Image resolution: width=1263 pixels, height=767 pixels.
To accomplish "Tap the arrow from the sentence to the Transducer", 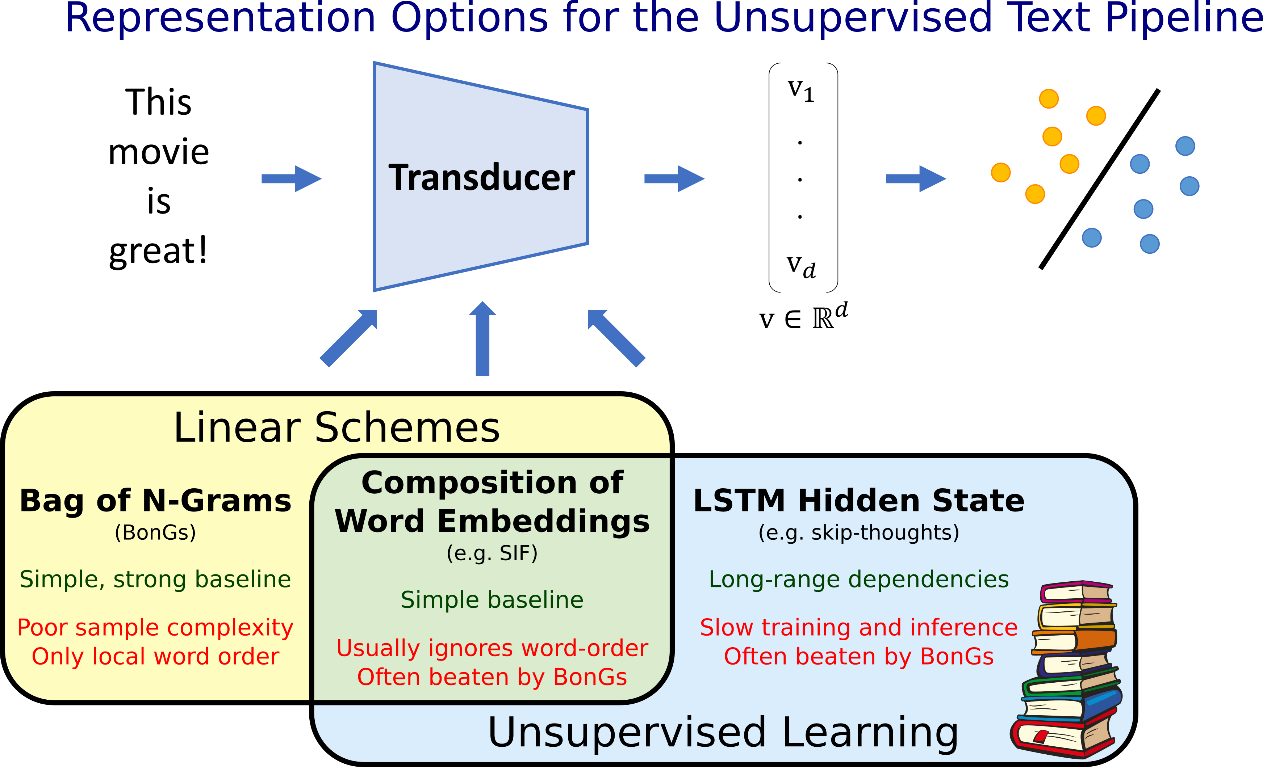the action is (x=291, y=179).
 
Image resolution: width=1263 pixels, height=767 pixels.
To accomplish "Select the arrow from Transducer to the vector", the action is (x=674, y=179).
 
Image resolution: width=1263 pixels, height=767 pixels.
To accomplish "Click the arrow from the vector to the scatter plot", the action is (x=916, y=179).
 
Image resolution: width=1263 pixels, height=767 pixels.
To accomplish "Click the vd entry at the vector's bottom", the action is (x=801, y=266).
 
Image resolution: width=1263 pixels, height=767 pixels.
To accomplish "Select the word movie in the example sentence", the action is (x=159, y=152).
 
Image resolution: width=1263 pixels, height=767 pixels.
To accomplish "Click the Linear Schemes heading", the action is (x=337, y=427).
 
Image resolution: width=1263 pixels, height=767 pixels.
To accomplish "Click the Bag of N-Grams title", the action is (x=155, y=501).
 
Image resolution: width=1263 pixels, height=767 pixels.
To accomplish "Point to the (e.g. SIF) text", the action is (x=492, y=553).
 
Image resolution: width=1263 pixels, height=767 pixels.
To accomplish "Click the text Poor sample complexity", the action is (x=155, y=628).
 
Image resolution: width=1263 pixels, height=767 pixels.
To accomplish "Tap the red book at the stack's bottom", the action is (x=1063, y=735).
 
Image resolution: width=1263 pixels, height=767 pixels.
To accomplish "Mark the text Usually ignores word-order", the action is (x=492, y=649).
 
